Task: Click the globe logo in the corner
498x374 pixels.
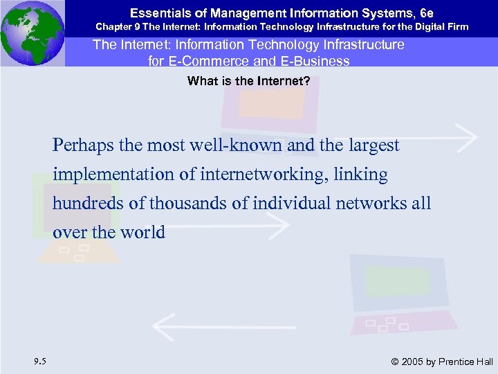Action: point(32,32)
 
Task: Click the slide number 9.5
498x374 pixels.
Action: point(40,360)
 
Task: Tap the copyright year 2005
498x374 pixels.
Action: point(413,361)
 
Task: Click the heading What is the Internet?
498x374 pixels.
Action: point(248,81)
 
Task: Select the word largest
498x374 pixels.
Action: point(373,145)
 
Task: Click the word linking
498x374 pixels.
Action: point(362,175)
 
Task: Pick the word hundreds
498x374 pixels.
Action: point(82,204)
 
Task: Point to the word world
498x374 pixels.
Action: point(143,232)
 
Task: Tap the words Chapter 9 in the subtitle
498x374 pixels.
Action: point(116,26)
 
